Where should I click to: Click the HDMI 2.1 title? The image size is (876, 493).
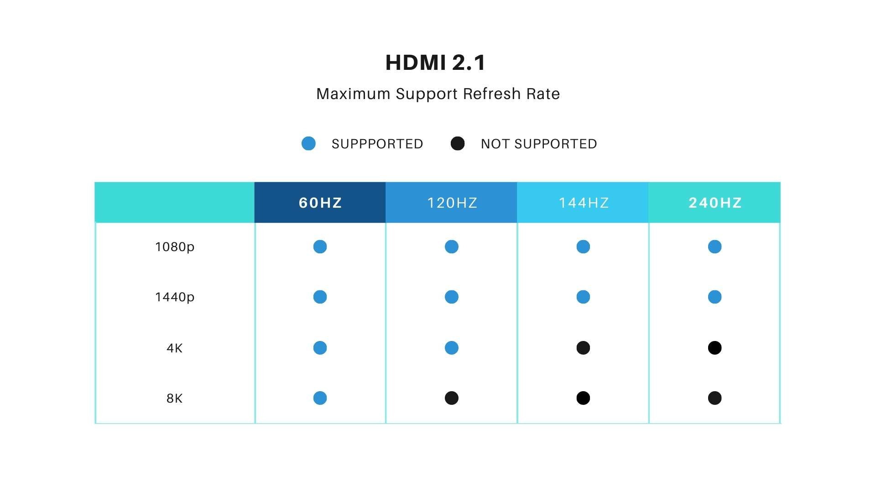tap(436, 63)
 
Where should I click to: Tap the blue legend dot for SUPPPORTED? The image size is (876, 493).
tap(308, 144)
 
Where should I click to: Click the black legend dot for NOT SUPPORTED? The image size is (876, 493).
tap(458, 144)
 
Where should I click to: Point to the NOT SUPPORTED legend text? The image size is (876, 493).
tap(539, 144)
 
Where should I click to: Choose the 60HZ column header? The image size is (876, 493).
tap(320, 203)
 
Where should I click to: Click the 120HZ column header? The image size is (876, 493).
tap(452, 203)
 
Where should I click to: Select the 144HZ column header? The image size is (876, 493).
tap(583, 203)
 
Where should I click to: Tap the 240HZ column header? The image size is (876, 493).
tap(714, 203)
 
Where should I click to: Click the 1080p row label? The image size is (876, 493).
tap(175, 247)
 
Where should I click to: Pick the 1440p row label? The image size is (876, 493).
tap(175, 297)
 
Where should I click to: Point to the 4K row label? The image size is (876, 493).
tap(175, 348)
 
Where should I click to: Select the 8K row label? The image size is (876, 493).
tap(175, 398)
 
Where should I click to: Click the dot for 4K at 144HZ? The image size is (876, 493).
tap(583, 348)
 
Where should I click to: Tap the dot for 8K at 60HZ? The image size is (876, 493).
tap(320, 398)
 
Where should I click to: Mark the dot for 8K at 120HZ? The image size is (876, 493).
tap(452, 398)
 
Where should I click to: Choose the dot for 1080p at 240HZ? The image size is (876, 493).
tap(714, 247)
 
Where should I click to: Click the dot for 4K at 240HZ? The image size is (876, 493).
tap(714, 348)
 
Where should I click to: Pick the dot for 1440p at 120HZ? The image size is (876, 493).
tap(452, 297)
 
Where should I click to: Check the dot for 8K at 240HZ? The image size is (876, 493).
tap(714, 398)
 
